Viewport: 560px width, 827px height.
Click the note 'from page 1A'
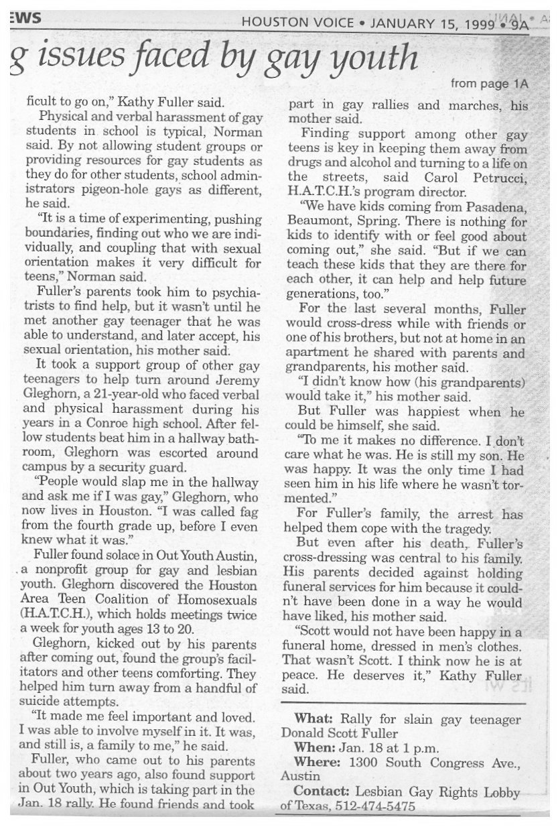point(490,84)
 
